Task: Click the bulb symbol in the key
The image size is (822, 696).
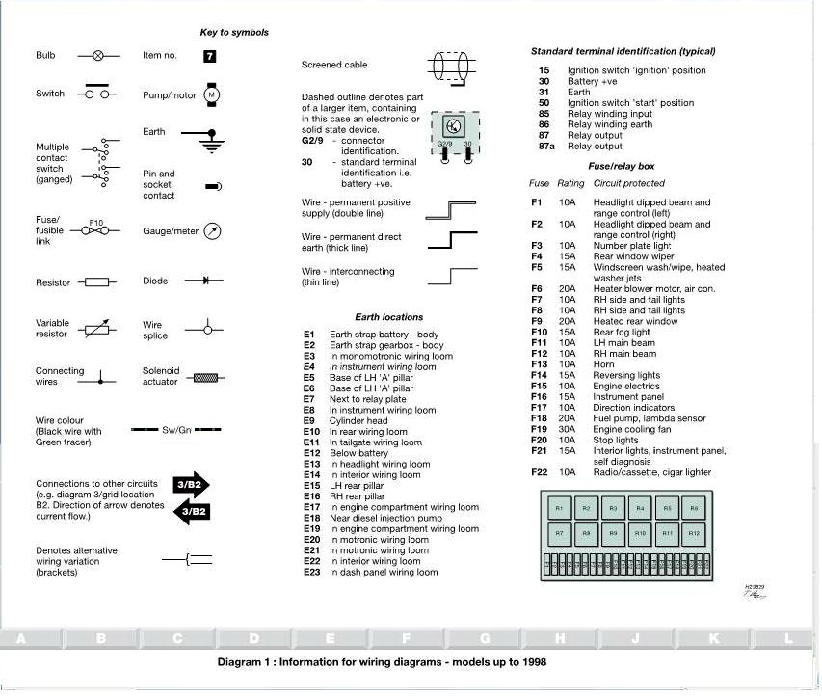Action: point(97,56)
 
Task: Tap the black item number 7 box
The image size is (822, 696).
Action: point(210,56)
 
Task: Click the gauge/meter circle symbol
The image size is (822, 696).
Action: point(214,231)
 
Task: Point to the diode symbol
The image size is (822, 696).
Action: point(206,281)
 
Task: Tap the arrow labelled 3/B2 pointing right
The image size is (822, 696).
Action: point(191,484)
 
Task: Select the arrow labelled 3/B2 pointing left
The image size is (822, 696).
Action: point(191,511)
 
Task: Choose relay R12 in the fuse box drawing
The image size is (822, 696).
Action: point(695,532)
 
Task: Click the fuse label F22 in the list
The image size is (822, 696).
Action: point(539,472)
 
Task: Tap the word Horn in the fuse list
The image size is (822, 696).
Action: point(603,364)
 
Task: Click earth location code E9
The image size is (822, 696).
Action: point(309,420)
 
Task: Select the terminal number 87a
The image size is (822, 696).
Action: point(545,147)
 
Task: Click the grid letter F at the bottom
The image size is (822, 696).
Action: point(406,638)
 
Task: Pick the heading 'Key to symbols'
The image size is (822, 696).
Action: point(234,33)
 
